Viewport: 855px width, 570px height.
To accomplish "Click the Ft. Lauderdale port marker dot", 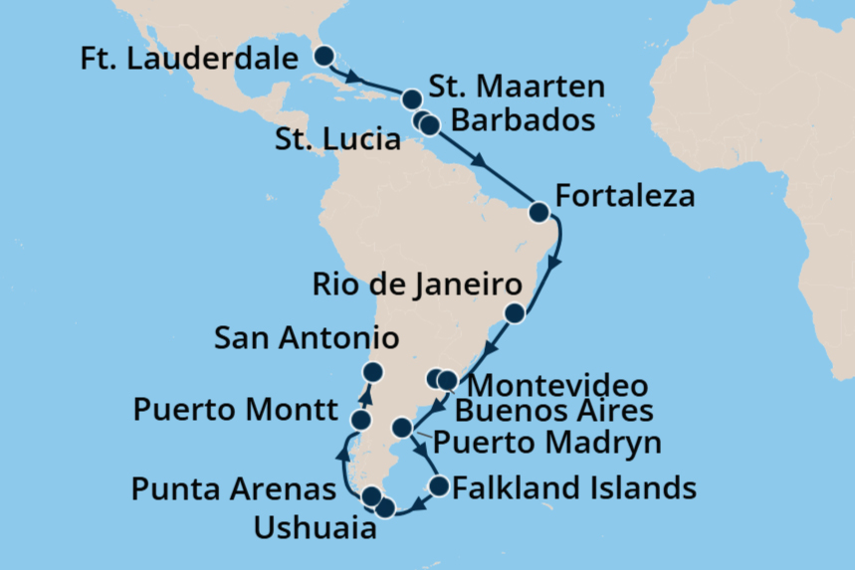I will [324, 57].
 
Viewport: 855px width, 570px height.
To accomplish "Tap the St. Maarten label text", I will [519, 87].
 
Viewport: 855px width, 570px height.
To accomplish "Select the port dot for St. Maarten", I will [411, 98].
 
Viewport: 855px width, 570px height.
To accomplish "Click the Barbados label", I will [524, 120].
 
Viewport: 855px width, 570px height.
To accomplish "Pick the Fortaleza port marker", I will [538, 212].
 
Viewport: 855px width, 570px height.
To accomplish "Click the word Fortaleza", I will [625, 196].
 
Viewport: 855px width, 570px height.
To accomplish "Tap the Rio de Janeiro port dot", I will [515, 314].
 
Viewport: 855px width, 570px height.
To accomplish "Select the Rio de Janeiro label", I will [416, 285].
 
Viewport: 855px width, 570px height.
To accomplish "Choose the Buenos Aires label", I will [555, 411].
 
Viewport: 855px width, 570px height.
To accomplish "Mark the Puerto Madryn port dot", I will [402, 428].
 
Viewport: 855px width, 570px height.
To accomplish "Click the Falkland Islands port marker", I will [439, 486].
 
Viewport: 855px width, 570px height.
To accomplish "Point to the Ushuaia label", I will [316, 528].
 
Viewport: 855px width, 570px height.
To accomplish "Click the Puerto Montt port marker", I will [361, 421].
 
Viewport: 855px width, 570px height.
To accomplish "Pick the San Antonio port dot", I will [372, 372].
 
